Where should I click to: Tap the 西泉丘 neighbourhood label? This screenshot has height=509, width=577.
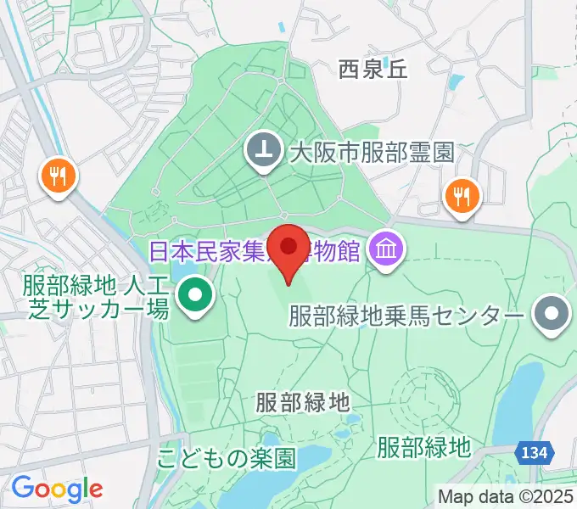[373, 70]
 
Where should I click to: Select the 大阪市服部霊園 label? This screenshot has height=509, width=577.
[372, 153]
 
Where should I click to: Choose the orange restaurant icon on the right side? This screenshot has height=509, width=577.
[462, 198]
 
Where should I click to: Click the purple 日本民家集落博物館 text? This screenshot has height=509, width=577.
[255, 250]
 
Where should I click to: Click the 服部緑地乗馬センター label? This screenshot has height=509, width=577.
[406, 316]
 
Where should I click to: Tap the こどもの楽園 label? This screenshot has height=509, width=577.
[226, 460]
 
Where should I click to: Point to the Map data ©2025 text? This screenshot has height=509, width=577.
[504, 496]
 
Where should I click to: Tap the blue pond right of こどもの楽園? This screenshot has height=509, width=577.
[318, 459]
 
